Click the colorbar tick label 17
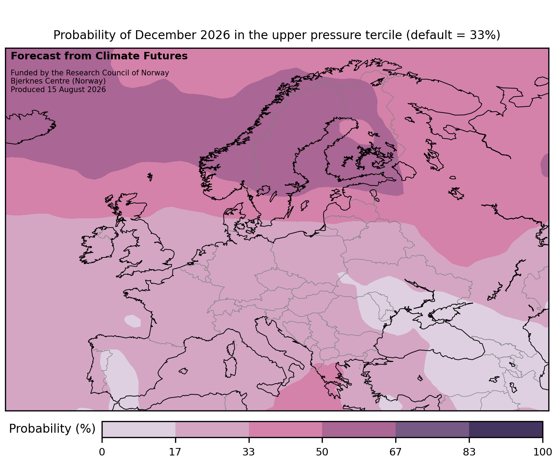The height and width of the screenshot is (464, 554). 175,452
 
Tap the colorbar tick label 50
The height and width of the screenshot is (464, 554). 322,452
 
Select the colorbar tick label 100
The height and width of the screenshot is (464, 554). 543,452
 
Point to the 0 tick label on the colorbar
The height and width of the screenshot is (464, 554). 102,452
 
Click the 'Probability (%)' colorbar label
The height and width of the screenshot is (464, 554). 52,429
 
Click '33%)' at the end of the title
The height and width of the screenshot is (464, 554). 485,35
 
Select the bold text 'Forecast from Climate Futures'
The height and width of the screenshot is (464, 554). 99,56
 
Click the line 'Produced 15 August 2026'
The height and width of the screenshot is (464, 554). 58,90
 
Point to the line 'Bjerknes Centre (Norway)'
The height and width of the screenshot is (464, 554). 58,81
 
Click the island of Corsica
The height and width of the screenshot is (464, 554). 231,348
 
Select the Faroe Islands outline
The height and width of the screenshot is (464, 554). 150,176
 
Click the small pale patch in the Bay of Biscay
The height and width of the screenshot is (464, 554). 132,321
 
